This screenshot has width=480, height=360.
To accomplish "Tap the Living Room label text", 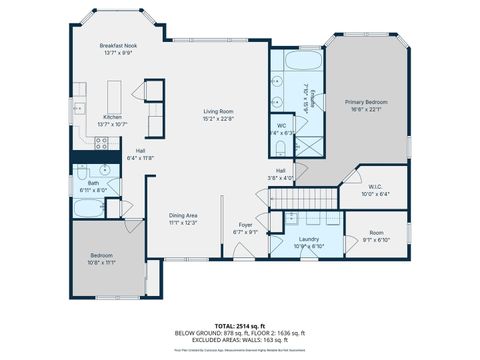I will pyautogui.click(x=218, y=113).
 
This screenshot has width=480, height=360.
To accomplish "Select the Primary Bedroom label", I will pyautogui.click(x=366, y=105).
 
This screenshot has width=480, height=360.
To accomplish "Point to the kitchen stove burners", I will pyautogui.click(x=100, y=144).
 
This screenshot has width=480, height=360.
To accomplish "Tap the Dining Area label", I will pyautogui.click(x=182, y=219).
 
